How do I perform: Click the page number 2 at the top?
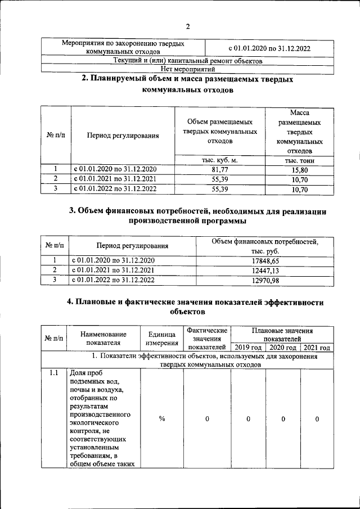click(x=188, y=26)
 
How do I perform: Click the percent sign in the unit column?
click(x=161, y=418)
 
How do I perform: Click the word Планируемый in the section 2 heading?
click(x=123, y=79)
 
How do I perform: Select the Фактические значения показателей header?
click(x=207, y=338)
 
